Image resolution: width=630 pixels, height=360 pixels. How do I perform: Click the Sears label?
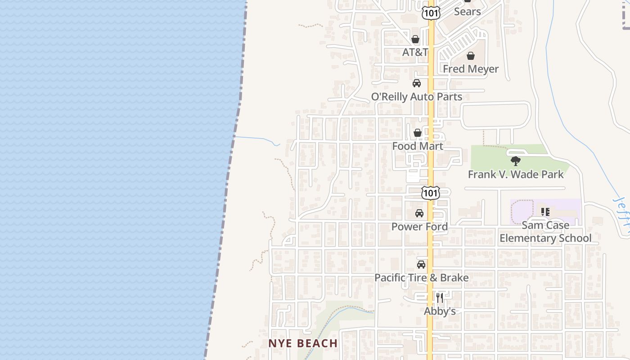point(467,12)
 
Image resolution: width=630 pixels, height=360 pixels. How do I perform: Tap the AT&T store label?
point(414,52)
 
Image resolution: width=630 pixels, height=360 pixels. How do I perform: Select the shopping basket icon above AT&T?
point(415,39)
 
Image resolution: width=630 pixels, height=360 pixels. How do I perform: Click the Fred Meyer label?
point(471,69)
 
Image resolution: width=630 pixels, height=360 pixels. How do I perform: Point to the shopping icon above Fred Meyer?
point(471,56)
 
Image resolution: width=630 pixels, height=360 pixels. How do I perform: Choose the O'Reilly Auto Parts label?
point(417,97)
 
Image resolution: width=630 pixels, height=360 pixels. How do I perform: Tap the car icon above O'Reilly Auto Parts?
point(417,83)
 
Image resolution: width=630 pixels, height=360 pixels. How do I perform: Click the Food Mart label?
point(418,146)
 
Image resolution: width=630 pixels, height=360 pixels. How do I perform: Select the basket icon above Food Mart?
point(418,133)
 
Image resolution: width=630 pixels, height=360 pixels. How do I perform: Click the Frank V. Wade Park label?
point(516,175)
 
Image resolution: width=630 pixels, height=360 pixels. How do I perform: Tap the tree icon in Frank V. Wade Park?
point(516,161)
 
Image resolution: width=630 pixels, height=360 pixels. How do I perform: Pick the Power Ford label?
point(419,227)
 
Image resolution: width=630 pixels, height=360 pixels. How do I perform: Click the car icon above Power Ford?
point(419,213)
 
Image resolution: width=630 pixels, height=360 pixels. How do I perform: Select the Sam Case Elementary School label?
point(545,232)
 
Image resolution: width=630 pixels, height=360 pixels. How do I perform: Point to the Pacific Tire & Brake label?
point(422,278)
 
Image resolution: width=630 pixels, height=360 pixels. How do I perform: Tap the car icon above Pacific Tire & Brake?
point(421,265)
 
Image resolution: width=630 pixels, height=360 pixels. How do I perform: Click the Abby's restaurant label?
point(440,311)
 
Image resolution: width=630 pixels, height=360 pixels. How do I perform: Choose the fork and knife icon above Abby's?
point(440,298)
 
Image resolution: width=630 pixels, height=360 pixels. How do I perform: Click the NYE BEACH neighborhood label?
point(303,343)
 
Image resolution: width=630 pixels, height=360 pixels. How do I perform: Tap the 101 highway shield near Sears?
point(431,13)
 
